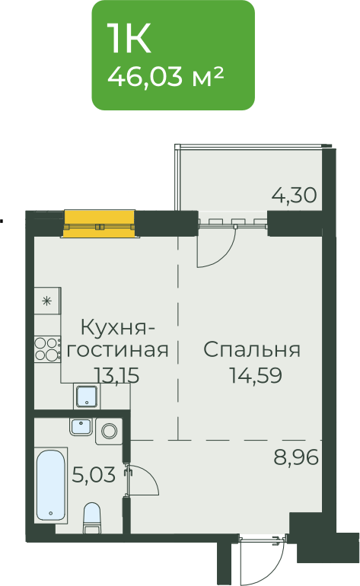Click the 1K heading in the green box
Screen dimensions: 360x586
coord(129,38)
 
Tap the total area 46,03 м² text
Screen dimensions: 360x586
coord(166,76)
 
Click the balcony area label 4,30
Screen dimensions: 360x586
coord(295,195)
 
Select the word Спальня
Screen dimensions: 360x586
coord(252,350)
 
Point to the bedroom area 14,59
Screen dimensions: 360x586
coord(255,375)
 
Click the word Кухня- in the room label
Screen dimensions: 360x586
coord(117,328)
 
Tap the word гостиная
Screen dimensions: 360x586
coord(117,350)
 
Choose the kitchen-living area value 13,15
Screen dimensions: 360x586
coord(116,375)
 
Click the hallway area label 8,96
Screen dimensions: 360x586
coord(296,457)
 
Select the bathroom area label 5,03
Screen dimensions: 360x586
coord(94,475)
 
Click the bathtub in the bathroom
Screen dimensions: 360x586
coord(51,485)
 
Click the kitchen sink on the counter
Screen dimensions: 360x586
coord(87,397)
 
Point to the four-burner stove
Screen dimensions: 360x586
coord(47,349)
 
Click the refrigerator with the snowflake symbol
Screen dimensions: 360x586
coord(47,301)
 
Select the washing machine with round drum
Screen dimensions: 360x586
coord(109,432)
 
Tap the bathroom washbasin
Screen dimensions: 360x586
coord(81,427)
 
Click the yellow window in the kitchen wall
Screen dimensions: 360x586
coord(99,224)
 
